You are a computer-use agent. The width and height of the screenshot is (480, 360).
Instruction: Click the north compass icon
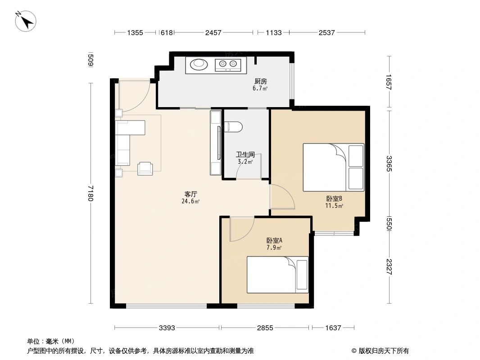26,21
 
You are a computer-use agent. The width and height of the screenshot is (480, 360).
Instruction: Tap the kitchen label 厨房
260,81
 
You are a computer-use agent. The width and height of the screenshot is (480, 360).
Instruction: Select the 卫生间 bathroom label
245,154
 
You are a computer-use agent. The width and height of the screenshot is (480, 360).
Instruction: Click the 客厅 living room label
191,194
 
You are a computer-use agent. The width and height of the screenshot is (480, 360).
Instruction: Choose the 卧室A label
274,240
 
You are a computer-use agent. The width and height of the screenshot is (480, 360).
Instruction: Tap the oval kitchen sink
199,65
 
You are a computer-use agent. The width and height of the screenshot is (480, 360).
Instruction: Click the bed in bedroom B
333,167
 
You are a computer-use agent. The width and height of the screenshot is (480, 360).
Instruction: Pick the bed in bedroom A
277,274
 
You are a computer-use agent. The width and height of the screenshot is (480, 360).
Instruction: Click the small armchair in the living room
145,167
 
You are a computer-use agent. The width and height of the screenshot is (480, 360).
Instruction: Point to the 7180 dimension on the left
91,193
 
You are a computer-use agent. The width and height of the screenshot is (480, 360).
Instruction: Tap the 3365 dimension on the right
389,163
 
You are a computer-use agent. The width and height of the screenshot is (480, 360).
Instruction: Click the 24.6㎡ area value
191,202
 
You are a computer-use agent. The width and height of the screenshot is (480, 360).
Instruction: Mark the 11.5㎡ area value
335,206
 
